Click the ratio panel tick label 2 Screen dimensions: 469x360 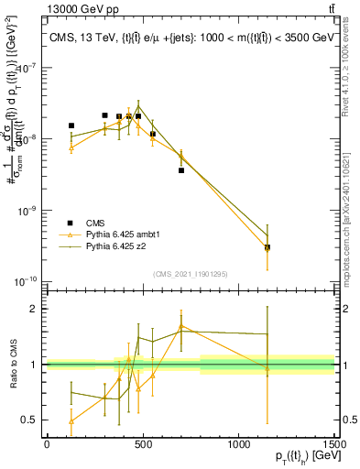[35, 309]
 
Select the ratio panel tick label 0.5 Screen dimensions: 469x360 [31, 420]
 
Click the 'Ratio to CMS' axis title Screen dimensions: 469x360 [12, 364]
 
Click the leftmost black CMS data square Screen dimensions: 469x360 [71, 125]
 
